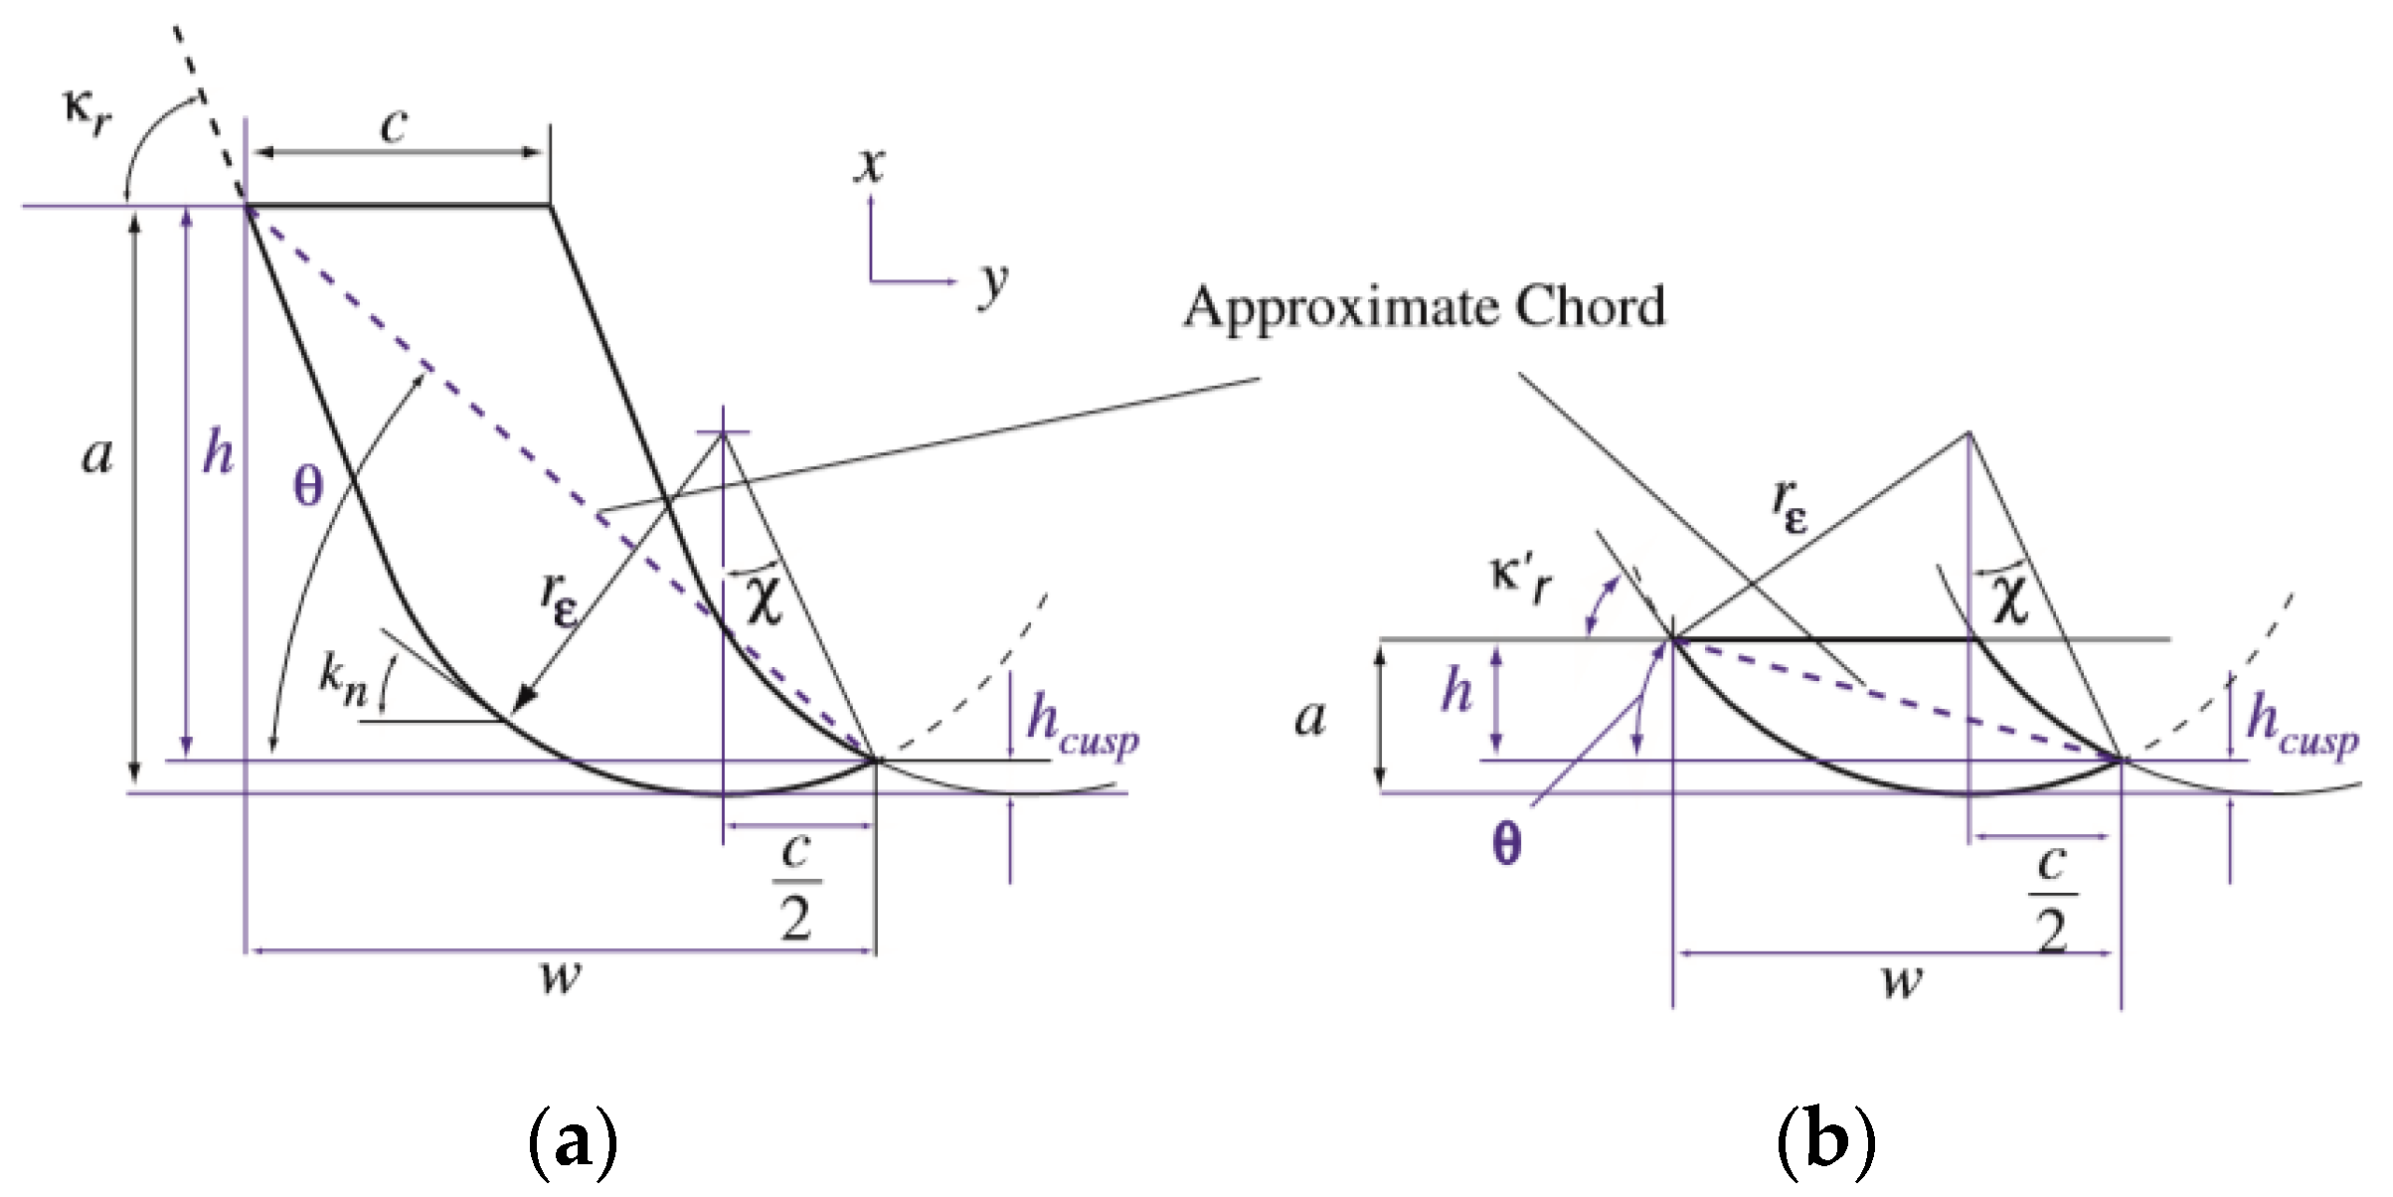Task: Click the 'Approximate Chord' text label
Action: coord(1424,307)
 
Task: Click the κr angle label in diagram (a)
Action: coord(88,112)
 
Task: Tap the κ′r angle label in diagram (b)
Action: coord(1520,581)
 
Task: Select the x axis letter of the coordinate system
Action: coord(870,165)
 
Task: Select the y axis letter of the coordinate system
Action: coord(992,284)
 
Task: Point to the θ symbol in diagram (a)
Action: coord(308,487)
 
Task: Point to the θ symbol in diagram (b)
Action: coord(1507,844)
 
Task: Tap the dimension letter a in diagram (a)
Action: coord(97,456)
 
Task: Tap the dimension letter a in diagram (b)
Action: coord(1310,718)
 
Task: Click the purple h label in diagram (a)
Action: coord(218,453)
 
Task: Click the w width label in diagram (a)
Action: coord(561,978)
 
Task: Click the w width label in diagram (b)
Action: coord(1902,982)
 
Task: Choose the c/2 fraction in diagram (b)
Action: coord(2052,898)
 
